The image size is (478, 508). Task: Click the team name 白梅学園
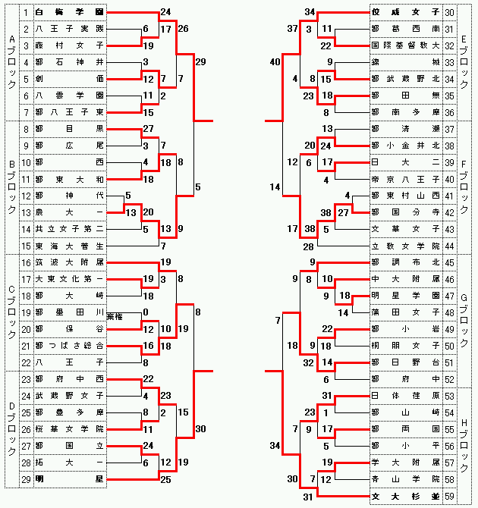69,13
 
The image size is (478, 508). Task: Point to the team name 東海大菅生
69,246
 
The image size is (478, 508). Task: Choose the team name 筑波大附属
69,262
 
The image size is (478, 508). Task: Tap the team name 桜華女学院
69,429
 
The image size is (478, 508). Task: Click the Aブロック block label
11,63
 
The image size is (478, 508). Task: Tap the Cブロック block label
11,312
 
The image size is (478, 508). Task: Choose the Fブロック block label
464,179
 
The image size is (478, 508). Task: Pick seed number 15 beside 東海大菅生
25,246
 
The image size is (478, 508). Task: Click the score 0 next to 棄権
145,312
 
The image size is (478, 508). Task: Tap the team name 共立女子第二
69,229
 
